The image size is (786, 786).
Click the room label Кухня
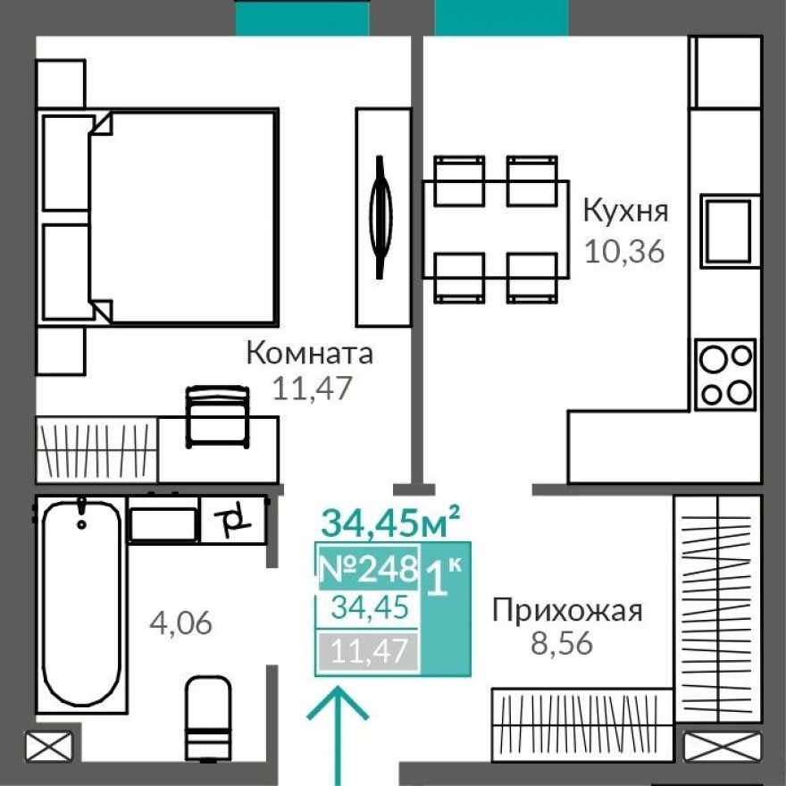click(x=624, y=212)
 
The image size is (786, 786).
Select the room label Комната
click(x=309, y=354)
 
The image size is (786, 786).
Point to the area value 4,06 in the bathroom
click(x=181, y=622)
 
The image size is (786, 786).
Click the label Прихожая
click(x=567, y=611)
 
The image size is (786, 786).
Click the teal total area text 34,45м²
click(x=390, y=522)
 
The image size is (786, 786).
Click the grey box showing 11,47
click(x=368, y=651)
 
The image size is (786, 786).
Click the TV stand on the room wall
click(x=382, y=217)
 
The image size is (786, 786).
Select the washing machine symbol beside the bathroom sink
click(x=233, y=520)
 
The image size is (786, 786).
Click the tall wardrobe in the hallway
click(x=717, y=607)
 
